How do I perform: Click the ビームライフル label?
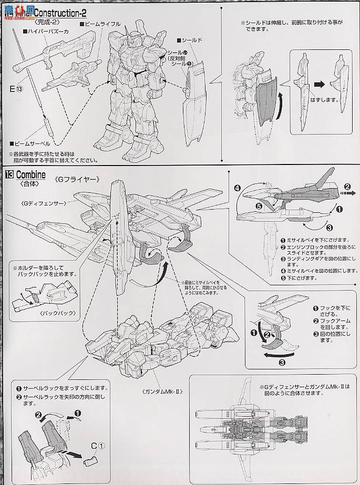(x=102, y=24)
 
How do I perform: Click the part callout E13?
(x=16, y=88)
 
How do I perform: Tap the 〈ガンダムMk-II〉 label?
(x=162, y=392)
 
